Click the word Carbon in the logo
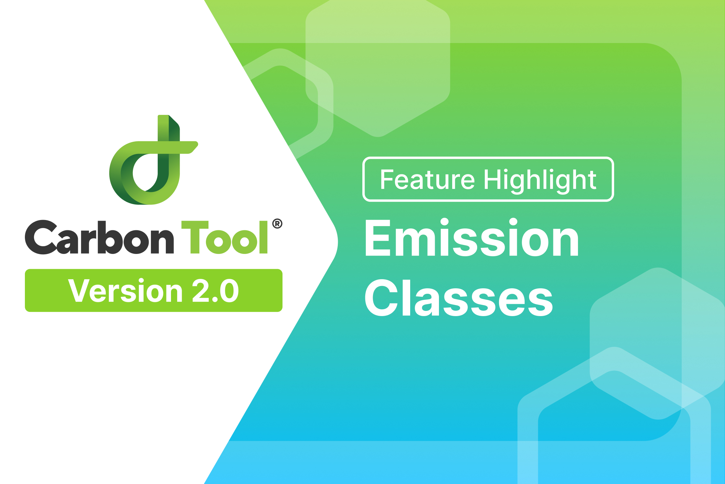(100, 237)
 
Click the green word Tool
(225, 237)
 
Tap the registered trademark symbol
(277, 224)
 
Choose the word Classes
(459, 298)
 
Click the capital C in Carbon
(41, 237)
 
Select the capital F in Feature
(388, 180)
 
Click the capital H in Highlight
(493, 180)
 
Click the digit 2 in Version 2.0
(201, 291)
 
